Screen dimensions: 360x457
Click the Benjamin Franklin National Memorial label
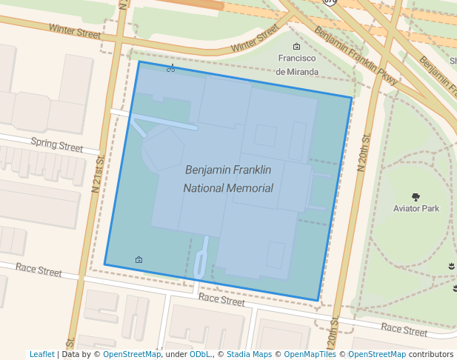(228, 179)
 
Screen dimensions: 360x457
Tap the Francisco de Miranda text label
(297, 65)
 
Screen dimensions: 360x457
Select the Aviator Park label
(416, 209)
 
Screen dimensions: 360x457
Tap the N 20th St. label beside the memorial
(363, 153)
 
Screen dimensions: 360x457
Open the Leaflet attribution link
(41, 355)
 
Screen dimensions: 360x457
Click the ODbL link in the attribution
(201, 355)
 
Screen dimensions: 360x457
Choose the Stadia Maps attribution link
(249, 355)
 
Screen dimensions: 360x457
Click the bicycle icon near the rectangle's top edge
(171, 69)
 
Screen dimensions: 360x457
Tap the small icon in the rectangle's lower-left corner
(139, 259)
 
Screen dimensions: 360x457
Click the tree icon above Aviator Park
(416, 197)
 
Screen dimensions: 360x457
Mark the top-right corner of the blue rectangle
(352, 97)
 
